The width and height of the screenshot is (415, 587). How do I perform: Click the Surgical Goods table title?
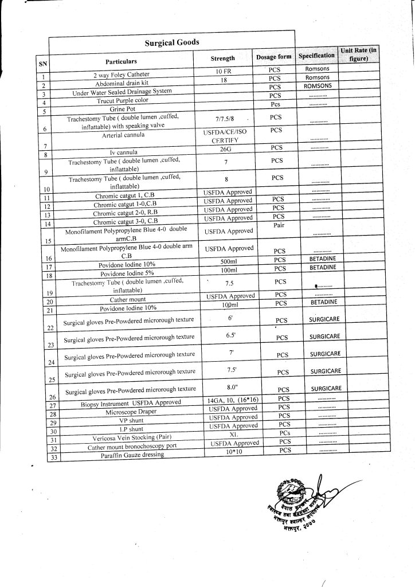pos(171,42)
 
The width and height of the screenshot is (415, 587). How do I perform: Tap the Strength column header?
pos(222,58)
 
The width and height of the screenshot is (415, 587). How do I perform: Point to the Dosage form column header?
pos(273,57)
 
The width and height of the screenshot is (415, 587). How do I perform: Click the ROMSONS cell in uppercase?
pos(318,85)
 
